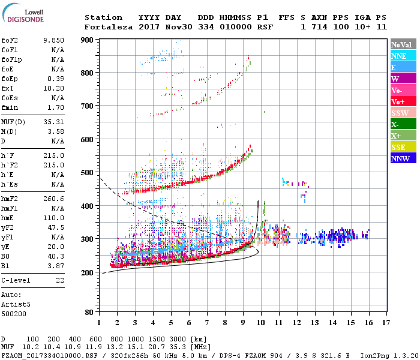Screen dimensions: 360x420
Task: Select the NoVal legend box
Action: tap(402, 44)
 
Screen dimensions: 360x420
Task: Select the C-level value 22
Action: tap(60, 280)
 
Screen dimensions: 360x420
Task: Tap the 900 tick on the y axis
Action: tap(88, 40)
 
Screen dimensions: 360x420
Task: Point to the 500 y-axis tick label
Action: tap(88, 173)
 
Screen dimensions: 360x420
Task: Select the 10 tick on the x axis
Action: tap(260, 322)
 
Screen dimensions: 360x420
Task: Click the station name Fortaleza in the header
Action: tap(108, 27)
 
